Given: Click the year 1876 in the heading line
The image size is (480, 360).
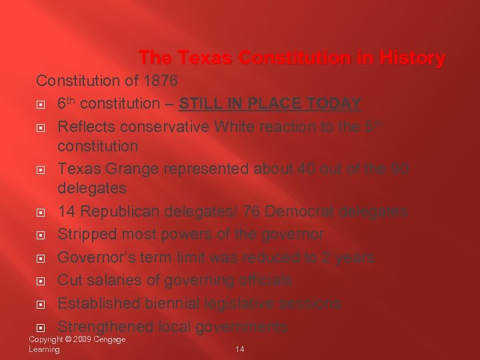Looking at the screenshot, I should pyautogui.click(x=161, y=81).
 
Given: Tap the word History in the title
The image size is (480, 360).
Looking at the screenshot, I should pyautogui.click(x=410, y=59).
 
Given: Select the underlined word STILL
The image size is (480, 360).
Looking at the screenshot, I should pyautogui.click(x=201, y=104).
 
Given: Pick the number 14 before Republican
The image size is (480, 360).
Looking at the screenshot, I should pyautogui.click(x=66, y=212).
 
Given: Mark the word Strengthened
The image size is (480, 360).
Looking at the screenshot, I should pyautogui.click(x=105, y=327).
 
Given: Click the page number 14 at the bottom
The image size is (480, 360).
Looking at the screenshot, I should pyautogui.click(x=240, y=349).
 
